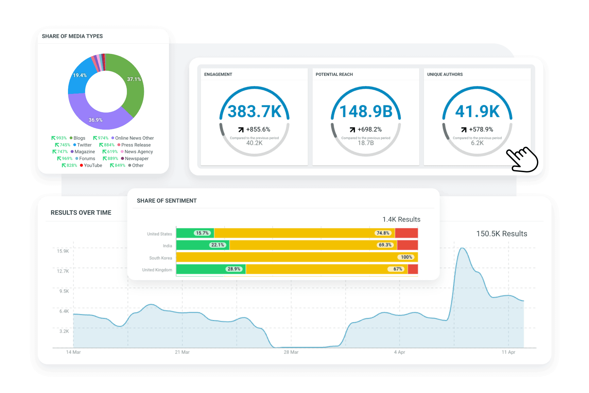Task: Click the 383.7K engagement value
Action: [254, 112]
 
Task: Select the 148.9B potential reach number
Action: [366, 112]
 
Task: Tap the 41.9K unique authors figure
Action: [477, 112]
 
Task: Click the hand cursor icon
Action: [522, 159]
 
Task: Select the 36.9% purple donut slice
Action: [98, 118]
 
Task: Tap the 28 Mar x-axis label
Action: [291, 352]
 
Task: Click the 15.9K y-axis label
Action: [63, 251]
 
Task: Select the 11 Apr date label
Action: [509, 352]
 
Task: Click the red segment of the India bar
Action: [407, 245]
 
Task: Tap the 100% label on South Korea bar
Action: [407, 257]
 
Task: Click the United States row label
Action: [159, 234]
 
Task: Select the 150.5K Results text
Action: [502, 234]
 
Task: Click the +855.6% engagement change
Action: [258, 130]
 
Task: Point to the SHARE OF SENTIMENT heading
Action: [167, 201]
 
